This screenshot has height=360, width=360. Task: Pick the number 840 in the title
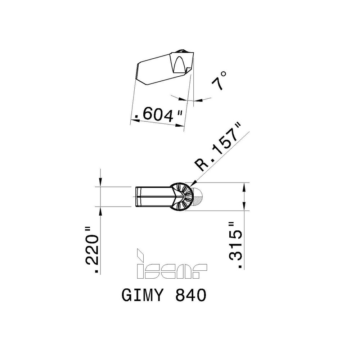[x=191, y=295]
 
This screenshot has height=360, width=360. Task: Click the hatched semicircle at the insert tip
[x=197, y=196]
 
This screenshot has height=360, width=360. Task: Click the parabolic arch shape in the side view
[x=180, y=64]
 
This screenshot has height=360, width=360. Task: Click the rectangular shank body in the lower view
[x=153, y=197]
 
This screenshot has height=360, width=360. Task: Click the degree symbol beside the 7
[x=224, y=74]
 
